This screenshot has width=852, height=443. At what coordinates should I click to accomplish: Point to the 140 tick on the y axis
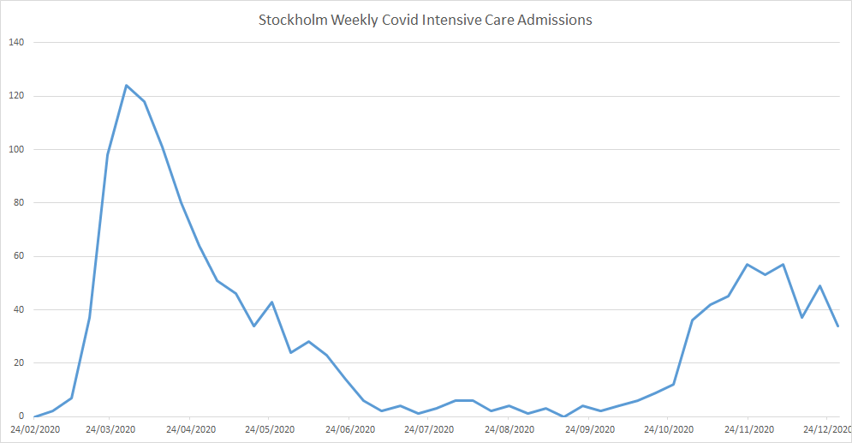click(x=16, y=42)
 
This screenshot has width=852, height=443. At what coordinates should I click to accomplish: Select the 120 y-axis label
click(x=16, y=96)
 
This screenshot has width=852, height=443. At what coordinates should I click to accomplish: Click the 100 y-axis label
click(x=16, y=149)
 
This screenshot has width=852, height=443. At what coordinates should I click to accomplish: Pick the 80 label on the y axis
click(x=19, y=203)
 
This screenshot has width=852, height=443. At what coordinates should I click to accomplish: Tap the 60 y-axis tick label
click(x=19, y=256)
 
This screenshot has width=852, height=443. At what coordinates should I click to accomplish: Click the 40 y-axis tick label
click(x=19, y=309)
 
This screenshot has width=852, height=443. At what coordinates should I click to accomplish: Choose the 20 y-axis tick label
click(x=19, y=363)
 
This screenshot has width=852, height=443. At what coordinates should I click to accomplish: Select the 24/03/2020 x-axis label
click(x=109, y=428)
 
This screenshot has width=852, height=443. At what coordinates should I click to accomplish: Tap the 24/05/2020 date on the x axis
click(x=269, y=428)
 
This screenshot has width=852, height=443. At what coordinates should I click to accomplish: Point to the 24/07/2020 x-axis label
click(x=429, y=428)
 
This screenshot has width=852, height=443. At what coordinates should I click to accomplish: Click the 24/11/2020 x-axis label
click(x=749, y=428)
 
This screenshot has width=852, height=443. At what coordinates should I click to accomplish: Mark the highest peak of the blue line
click(x=126, y=85)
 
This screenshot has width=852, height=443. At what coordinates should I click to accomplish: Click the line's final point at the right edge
click(x=837, y=326)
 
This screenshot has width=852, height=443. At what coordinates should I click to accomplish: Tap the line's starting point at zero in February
click(x=34, y=416)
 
